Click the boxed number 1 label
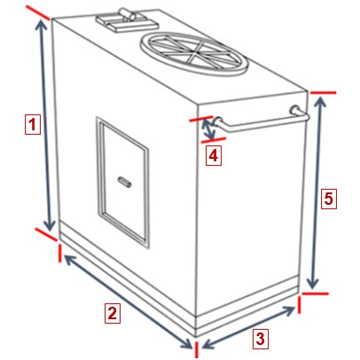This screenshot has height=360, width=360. pos(32,124)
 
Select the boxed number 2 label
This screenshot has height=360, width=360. pos(113,313)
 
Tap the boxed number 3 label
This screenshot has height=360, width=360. pos(260,338)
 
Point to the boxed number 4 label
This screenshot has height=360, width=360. pos(214,155)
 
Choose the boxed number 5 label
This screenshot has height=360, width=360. pos(329,199)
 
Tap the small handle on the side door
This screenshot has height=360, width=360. pos(125,182)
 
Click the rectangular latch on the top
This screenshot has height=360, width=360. pos(125,20)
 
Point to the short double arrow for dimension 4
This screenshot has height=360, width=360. pos(208,129)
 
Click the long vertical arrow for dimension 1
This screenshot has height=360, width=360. pos(45,126)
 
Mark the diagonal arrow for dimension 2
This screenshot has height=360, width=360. pos(128,301)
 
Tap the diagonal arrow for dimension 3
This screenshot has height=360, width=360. pos(249,327)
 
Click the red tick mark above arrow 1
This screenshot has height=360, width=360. pos(37,12)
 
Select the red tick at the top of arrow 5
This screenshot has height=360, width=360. pos(323,93)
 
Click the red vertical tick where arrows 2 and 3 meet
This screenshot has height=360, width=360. pos(196,349)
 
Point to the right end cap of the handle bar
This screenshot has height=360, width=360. pos(294,109)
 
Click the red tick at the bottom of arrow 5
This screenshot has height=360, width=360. pos(316,293)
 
